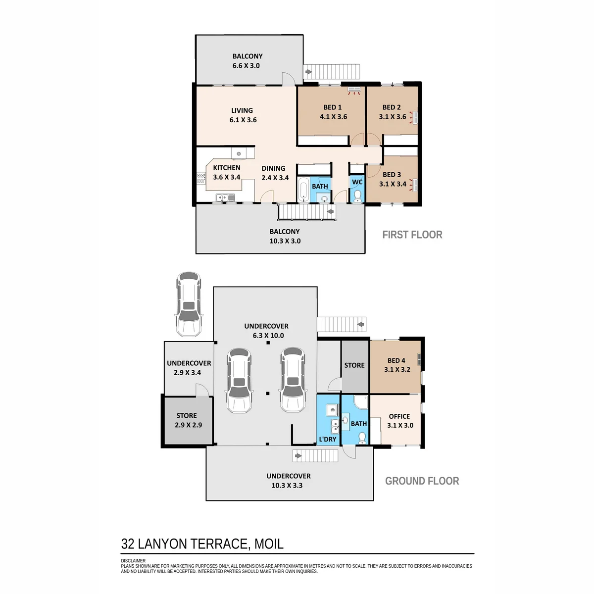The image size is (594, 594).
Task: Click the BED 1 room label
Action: tap(332, 107)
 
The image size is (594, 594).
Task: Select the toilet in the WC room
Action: tap(357, 196)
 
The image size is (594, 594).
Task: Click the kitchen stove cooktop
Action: tap(201, 179)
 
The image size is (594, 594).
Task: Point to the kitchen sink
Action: tap(225, 197)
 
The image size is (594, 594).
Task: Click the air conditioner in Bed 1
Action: tap(354, 91)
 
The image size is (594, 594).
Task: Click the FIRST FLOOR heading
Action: tap(412, 235)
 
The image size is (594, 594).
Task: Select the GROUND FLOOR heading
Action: tap(422, 481)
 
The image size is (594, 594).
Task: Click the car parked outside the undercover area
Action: tap(189, 304)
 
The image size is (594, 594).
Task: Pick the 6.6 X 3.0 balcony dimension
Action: tap(246, 66)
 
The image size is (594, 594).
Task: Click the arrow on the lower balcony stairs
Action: tap(330, 212)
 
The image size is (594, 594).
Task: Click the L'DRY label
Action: tap(327, 439)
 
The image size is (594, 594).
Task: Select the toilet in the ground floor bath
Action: tap(362, 438)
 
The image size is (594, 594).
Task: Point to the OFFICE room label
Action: tap(399, 416)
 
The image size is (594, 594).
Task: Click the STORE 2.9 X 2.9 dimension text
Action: tap(188, 425)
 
